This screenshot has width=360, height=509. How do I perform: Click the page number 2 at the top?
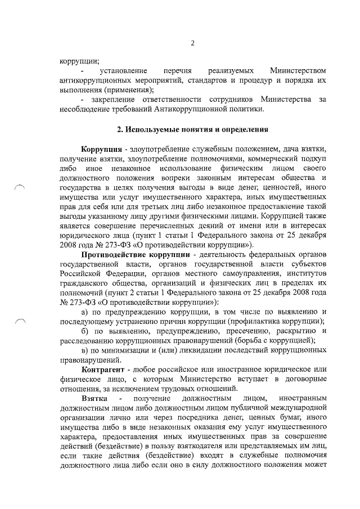(x=192, y=43)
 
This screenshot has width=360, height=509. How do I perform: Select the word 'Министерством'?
(x=298, y=71)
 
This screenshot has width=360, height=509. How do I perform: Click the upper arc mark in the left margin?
(x=20, y=189)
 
